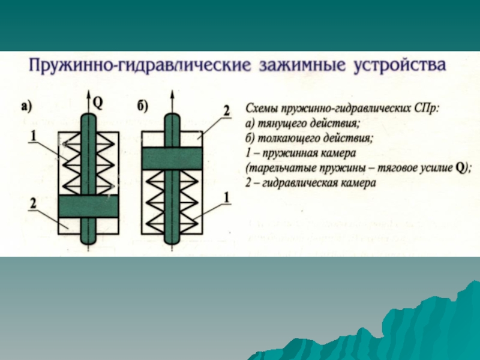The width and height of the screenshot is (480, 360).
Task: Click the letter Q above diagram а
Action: coord(98,103)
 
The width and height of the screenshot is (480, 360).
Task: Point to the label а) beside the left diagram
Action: coord(26,107)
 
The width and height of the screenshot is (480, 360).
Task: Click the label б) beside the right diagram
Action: coord(143,107)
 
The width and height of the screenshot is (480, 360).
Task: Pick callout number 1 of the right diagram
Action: coord(227,196)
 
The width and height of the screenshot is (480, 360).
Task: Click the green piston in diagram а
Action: coord(88,206)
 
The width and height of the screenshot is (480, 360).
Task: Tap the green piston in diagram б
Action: coord(172,158)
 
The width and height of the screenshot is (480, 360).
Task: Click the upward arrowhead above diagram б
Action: coord(173,96)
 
